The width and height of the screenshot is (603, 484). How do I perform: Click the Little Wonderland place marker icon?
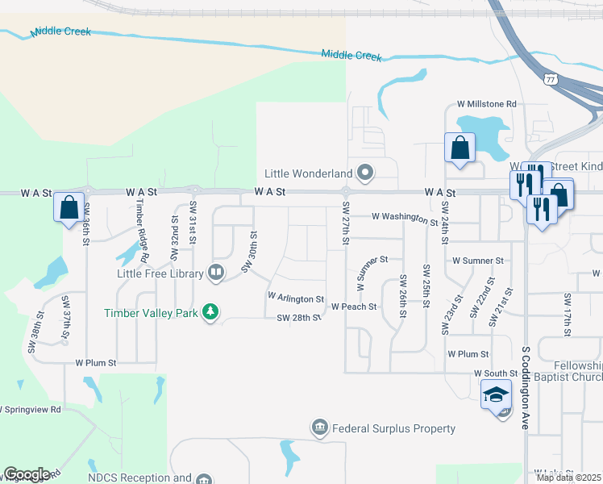365,173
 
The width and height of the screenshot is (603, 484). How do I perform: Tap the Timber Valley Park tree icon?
210,312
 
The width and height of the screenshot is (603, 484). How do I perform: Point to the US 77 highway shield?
551,80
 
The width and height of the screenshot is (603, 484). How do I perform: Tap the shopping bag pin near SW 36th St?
69,207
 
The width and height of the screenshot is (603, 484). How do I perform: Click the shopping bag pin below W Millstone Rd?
460,148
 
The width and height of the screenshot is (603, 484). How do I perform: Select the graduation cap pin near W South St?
495,394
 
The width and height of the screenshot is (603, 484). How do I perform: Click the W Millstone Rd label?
486,104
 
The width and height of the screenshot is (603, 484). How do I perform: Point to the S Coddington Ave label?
525,387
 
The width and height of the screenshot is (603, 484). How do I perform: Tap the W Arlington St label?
295,298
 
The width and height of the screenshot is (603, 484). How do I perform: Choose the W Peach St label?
354,307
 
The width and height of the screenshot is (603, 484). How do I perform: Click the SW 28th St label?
299,318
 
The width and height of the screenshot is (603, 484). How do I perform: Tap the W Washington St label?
404,218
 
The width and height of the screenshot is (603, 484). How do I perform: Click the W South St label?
494,373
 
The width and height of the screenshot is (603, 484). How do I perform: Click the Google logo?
27,474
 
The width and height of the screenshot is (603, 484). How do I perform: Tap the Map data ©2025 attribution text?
569,478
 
